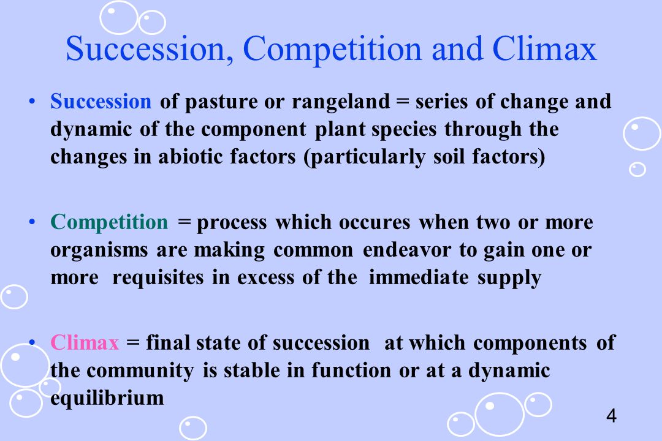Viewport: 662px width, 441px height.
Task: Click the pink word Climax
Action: [x=85, y=342]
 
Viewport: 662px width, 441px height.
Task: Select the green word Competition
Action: [x=109, y=222]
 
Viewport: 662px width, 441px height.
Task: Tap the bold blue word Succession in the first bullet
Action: [x=101, y=101]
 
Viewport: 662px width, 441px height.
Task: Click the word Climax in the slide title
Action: [x=545, y=48]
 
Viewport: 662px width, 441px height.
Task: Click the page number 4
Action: [x=611, y=416]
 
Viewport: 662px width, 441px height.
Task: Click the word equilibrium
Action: [x=107, y=398]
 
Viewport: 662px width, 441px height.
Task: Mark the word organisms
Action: [x=99, y=251]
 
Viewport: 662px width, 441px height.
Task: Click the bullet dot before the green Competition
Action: [x=32, y=222]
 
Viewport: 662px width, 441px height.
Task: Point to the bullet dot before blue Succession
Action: [x=32, y=101]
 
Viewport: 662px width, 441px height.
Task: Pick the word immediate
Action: [x=419, y=277]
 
